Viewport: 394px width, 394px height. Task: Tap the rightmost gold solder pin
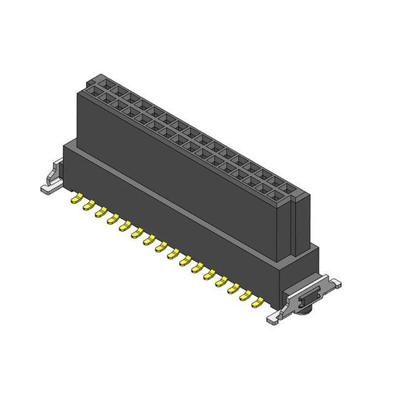(x=260, y=302)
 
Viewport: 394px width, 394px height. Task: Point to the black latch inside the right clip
(x=306, y=299)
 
